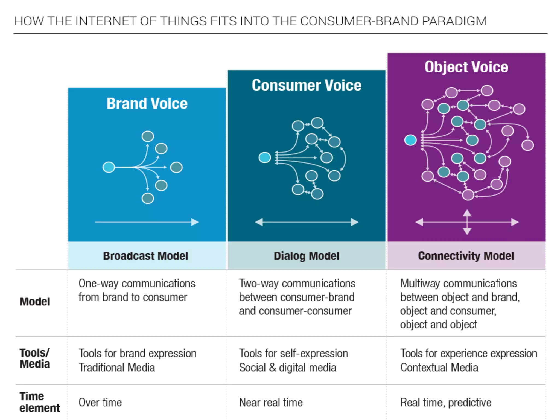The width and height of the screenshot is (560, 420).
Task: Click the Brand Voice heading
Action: [147, 104]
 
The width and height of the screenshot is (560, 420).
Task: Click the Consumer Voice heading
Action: [307, 85]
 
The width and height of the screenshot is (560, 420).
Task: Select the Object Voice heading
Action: [466, 67]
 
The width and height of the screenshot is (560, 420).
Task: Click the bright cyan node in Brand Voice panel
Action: [109, 167]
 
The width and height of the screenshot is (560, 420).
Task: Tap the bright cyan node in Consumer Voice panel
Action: [265, 157]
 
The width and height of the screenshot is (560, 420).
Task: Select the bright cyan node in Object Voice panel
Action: [410, 140]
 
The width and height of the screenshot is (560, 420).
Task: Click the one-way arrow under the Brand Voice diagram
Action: [147, 222]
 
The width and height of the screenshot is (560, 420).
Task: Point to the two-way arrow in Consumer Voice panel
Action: [307, 222]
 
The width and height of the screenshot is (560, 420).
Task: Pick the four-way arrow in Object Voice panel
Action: [467, 222]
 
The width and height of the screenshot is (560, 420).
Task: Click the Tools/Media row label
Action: [35, 358]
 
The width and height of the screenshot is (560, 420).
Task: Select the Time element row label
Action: [39, 402]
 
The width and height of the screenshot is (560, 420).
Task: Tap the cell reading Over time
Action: [100, 402]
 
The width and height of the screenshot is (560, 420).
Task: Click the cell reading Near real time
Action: [271, 402]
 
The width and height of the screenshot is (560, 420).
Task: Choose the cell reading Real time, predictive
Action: [446, 402]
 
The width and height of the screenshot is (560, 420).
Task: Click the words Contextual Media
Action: [439, 367]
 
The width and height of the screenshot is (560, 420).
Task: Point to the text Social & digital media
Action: [288, 367]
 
